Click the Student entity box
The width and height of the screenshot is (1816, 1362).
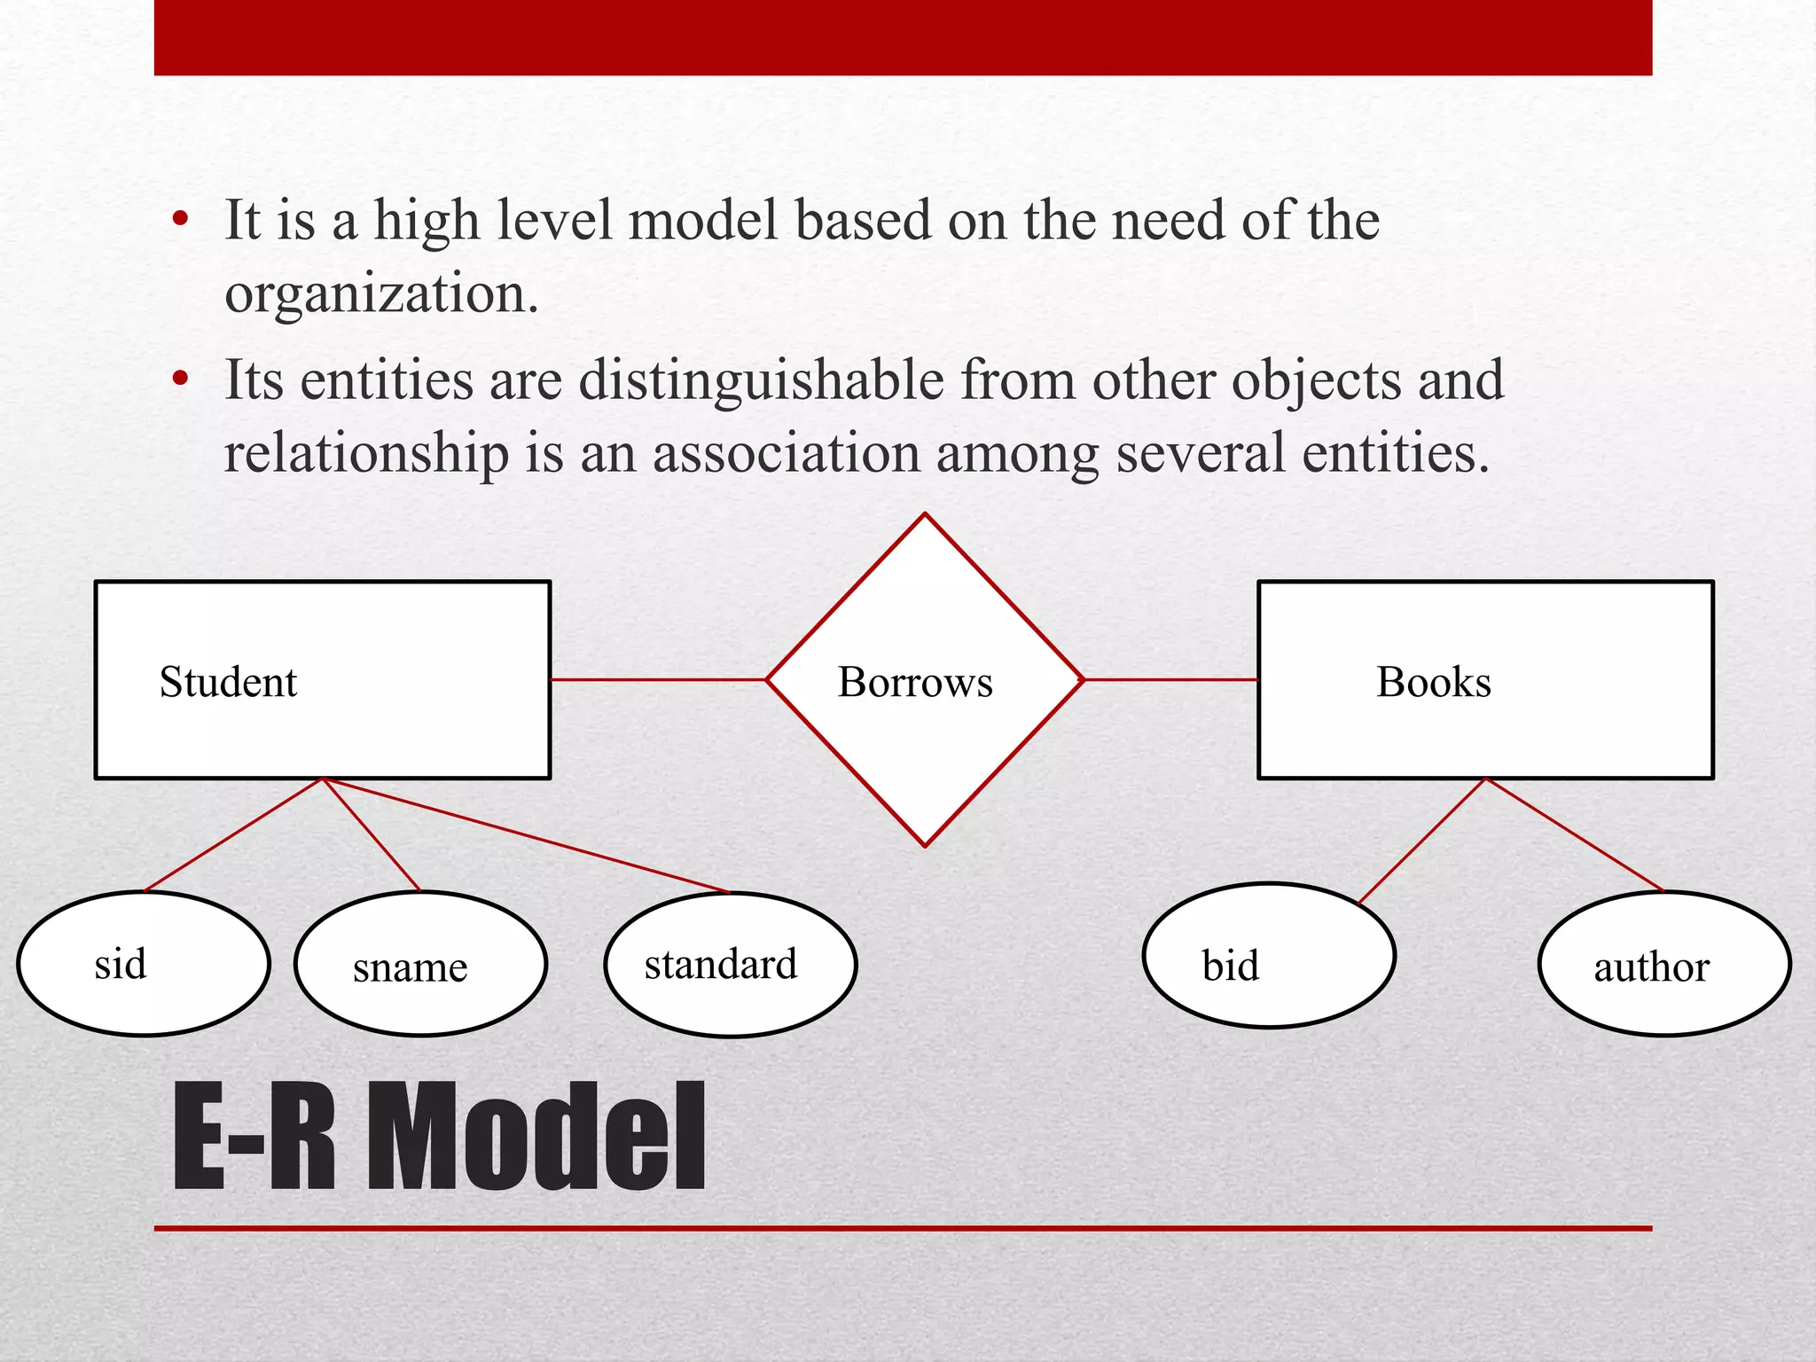pos(323,680)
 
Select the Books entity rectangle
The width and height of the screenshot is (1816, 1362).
pos(1485,680)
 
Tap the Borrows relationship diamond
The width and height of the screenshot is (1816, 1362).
pos(925,680)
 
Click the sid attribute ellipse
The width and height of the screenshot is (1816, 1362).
pos(144,964)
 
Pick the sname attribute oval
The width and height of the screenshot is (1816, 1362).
pos(420,964)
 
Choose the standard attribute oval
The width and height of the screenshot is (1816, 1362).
pos(731,965)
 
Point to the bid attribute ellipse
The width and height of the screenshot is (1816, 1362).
pos(1269,956)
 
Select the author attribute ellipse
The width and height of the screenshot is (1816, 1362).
pos(1664,964)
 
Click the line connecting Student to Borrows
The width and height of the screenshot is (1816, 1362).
pos(658,679)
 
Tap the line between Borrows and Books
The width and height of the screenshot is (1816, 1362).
pos(1170,679)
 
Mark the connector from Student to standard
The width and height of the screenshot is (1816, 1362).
pos(527,835)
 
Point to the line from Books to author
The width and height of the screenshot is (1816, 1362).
pos(1575,834)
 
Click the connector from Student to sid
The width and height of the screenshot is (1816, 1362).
pos(234,834)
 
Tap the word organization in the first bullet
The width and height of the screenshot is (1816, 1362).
pos(381,294)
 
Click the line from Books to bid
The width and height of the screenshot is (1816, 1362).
pos(1421,841)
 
